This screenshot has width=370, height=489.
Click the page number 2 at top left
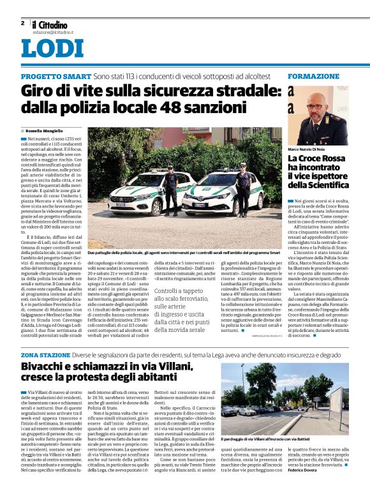22,23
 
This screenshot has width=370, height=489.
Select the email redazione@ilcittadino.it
54,31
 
